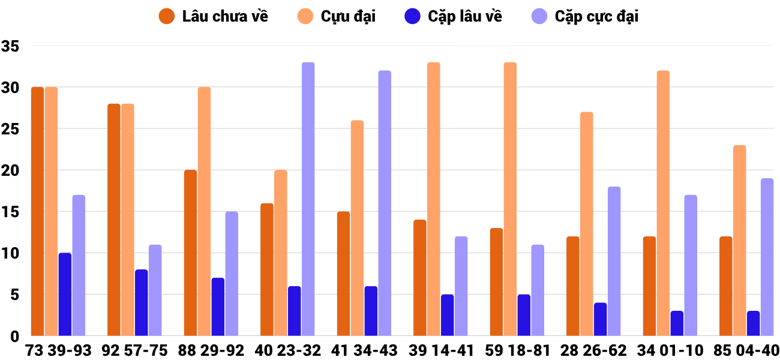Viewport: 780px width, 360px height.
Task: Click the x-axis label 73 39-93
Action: (x=58, y=350)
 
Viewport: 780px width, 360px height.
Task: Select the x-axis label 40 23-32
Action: (x=287, y=350)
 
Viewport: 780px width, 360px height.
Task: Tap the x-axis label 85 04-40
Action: (x=746, y=350)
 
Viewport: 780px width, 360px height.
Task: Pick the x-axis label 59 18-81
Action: (x=517, y=350)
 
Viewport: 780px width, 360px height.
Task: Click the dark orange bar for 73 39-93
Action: (x=38, y=211)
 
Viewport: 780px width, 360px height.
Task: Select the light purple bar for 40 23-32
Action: (x=308, y=199)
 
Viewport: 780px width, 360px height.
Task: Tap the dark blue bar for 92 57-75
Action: (x=142, y=303)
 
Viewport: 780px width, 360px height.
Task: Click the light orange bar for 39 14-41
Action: (x=434, y=199)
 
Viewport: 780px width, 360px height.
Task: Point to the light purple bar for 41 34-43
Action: (x=385, y=203)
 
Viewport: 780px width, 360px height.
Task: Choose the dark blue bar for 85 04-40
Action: (x=753, y=323)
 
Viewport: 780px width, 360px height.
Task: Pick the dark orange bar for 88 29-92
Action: (x=190, y=253)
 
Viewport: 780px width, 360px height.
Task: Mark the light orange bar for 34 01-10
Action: (x=663, y=203)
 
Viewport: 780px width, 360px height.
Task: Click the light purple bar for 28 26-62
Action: (x=614, y=262)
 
